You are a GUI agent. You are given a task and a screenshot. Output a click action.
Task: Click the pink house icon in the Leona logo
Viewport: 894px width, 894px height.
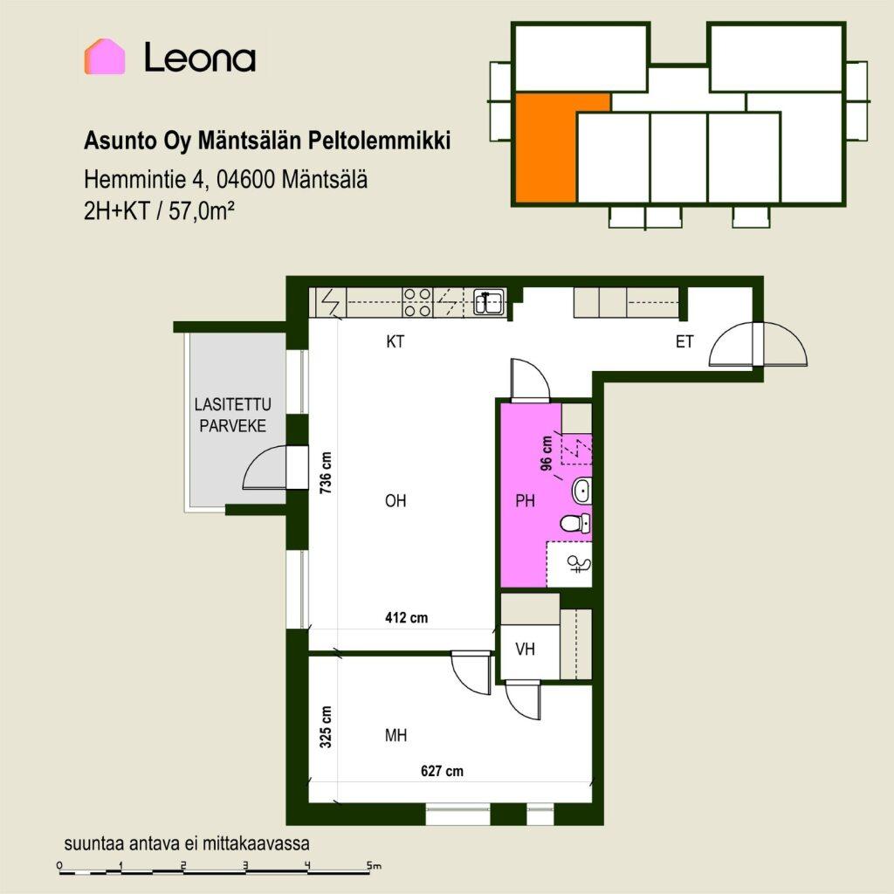(x=105, y=57)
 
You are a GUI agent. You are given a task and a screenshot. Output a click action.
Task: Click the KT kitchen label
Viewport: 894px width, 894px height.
(x=395, y=341)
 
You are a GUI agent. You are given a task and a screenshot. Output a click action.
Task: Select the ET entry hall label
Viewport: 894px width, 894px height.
(x=684, y=341)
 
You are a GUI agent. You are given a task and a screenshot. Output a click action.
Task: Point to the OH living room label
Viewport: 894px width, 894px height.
(x=395, y=500)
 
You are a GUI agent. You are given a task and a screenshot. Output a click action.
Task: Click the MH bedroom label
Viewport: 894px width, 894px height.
(x=395, y=735)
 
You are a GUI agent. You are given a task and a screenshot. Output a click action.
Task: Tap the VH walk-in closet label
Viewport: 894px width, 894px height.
(x=525, y=649)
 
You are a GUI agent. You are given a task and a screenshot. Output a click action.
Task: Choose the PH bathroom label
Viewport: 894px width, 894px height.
(x=525, y=500)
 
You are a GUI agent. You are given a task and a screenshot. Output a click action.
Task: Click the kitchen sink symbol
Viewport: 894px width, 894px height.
(x=489, y=302)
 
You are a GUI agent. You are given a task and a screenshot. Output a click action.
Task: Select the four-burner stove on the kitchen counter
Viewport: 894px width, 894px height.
(x=416, y=302)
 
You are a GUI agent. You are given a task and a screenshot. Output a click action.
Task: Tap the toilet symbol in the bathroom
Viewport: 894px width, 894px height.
(x=574, y=523)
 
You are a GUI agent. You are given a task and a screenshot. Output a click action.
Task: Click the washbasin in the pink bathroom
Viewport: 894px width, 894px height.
(x=581, y=491)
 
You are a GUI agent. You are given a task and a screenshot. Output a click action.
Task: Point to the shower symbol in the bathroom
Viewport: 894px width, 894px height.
(x=580, y=565)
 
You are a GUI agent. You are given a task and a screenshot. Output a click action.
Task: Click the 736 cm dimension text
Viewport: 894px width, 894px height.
(x=326, y=472)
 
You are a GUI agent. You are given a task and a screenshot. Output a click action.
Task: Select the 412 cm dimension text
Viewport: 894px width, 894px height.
(x=407, y=617)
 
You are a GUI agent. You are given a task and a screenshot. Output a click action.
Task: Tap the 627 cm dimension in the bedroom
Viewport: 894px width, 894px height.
(x=442, y=771)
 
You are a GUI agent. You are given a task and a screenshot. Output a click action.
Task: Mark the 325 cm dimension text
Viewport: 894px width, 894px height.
(x=326, y=727)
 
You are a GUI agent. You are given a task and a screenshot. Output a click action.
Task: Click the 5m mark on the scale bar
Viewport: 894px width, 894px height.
(x=374, y=865)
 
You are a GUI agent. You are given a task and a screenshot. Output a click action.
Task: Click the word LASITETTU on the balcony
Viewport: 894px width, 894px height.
(x=232, y=404)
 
